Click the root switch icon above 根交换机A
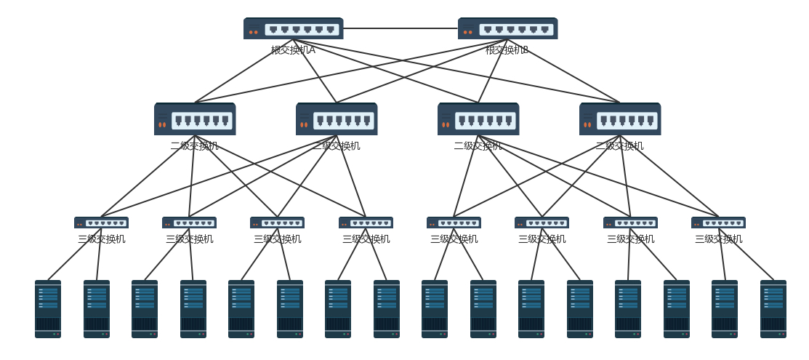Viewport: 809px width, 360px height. pos(293,28)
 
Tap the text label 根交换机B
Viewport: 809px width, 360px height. pos(507,50)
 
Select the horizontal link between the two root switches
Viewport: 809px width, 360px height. pos(400,28)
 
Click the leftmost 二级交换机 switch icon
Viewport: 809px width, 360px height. pos(195,119)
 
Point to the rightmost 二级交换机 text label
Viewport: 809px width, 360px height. pos(619,146)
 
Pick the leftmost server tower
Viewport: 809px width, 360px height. pos(48,309)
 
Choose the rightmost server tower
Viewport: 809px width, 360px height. pos(773,309)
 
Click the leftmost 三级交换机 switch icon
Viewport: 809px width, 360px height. pos(101,223)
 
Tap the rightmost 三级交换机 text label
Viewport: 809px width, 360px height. pos(718,239)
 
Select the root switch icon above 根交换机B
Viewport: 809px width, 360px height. pos(507,28)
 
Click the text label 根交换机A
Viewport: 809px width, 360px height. pos(293,50)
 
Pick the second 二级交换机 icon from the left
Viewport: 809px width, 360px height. pos(337,119)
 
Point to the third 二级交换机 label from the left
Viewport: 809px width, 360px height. pos(478,146)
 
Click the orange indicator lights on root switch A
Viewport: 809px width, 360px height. pos(253,32)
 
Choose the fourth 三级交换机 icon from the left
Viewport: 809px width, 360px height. pos(366,223)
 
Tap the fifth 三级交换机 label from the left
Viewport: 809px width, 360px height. pos(454,239)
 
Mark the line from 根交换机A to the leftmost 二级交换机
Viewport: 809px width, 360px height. pos(243,71)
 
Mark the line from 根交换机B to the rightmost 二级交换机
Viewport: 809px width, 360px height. pos(563,71)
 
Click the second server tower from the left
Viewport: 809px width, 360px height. pos(97,309)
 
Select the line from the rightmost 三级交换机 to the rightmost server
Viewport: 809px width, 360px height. pos(746,255)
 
